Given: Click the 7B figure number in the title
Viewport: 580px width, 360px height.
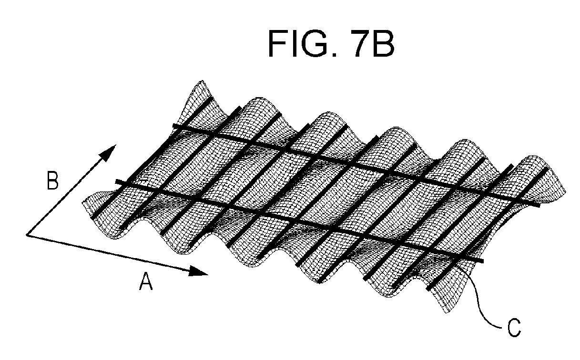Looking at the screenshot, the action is pyautogui.click(x=374, y=43).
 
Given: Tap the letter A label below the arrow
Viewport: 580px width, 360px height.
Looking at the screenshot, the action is pyautogui.click(x=146, y=281).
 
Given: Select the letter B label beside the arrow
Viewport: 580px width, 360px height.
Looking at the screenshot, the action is pyautogui.click(x=52, y=180).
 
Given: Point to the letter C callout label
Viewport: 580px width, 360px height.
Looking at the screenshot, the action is pyautogui.click(x=514, y=328).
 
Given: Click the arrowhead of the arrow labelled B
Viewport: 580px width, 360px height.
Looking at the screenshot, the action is pyautogui.click(x=108, y=153).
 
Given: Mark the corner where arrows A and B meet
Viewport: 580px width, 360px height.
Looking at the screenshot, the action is pyautogui.click(x=27, y=235).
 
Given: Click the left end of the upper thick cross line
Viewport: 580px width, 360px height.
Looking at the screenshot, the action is pyautogui.click(x=173, y=125).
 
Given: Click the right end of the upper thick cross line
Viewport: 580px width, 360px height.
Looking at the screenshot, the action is pyautogui.click(x=539, y=205).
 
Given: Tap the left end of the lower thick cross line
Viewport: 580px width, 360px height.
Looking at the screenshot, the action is pyautogui.click(x=116, y=181).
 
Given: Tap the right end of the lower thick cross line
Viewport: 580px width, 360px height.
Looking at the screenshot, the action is pyautogui.click(x=483, y=261).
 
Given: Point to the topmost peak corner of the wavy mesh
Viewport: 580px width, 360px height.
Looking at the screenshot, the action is pyautogui.click(x=202, y=81).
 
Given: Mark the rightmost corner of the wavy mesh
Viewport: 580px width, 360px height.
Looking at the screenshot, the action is pyautogui.click(x=566, y=192).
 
